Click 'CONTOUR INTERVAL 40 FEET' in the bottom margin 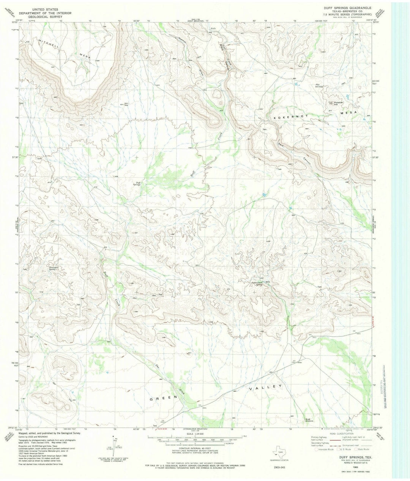(194, 447)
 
